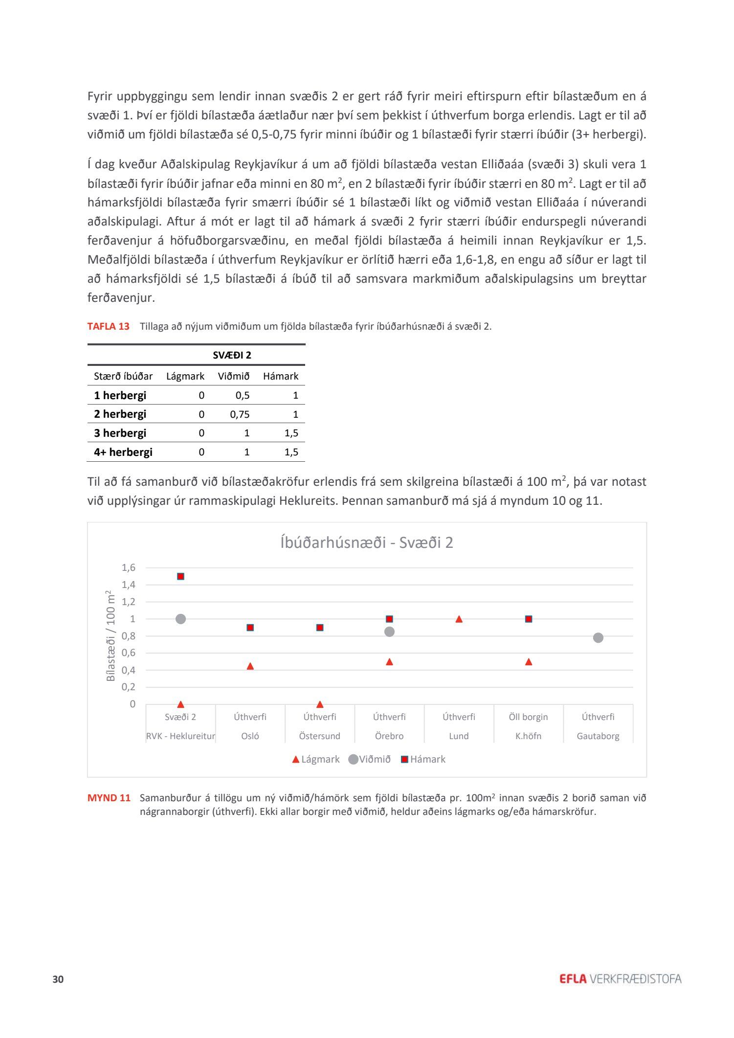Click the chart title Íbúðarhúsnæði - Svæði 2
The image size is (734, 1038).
tap(367, 542)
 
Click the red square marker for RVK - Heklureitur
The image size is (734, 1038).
tap(180, 576)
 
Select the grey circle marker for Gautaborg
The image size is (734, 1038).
tap(598, 637)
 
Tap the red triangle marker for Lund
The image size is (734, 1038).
tap(459, 619)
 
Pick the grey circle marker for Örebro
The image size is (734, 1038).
tap(389, 632)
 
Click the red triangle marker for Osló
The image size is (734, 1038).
tap(250, 666)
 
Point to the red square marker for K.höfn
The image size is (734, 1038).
tap(529, 619)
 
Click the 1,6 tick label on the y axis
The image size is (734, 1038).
tap(128, 567)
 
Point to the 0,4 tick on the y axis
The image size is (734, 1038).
tap(128, 670)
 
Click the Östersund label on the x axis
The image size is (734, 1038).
tap(320, 736)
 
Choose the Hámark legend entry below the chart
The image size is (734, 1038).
tap(423, 759)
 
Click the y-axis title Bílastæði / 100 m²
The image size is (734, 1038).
tap(111, 636)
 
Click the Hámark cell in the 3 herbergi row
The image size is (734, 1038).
tap(291, 433)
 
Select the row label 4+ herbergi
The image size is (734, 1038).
tap(123, 452)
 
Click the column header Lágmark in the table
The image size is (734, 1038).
tap(185, 376)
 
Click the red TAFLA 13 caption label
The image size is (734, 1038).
tap(109, 326)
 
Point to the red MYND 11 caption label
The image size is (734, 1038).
tap(109, 798)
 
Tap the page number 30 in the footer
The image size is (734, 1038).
tap(58, 979)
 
